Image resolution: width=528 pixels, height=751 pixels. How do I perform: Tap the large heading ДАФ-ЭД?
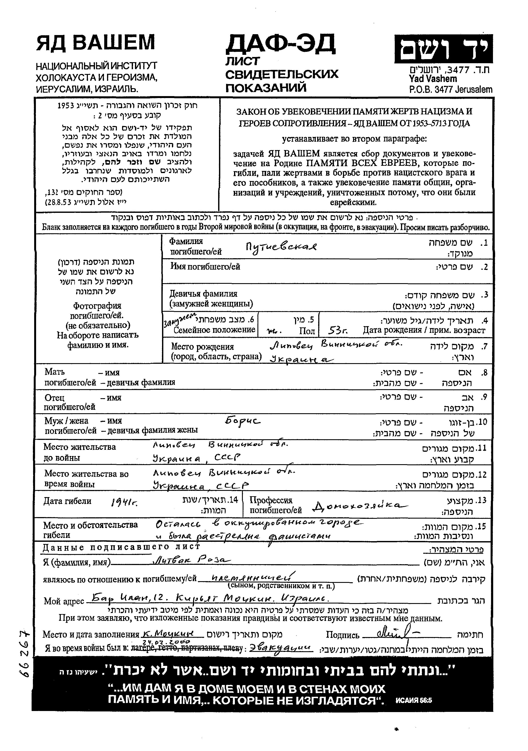point(280,44)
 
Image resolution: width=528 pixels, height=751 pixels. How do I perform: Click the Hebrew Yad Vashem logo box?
point(443,49)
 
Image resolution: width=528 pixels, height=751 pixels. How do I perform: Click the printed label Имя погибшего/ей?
point(205,267)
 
